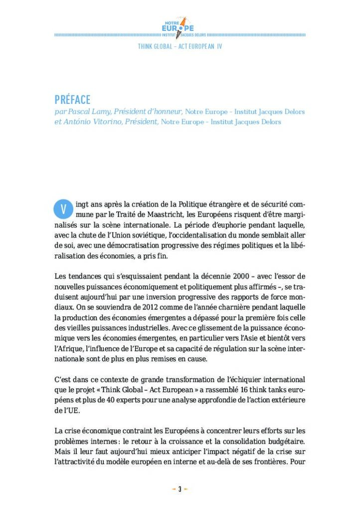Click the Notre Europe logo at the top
[180, 28]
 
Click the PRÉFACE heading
[72, 100]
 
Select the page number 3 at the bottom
[180, 489]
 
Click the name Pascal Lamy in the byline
[86, 112]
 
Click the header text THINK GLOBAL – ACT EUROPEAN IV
[180, 46]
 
